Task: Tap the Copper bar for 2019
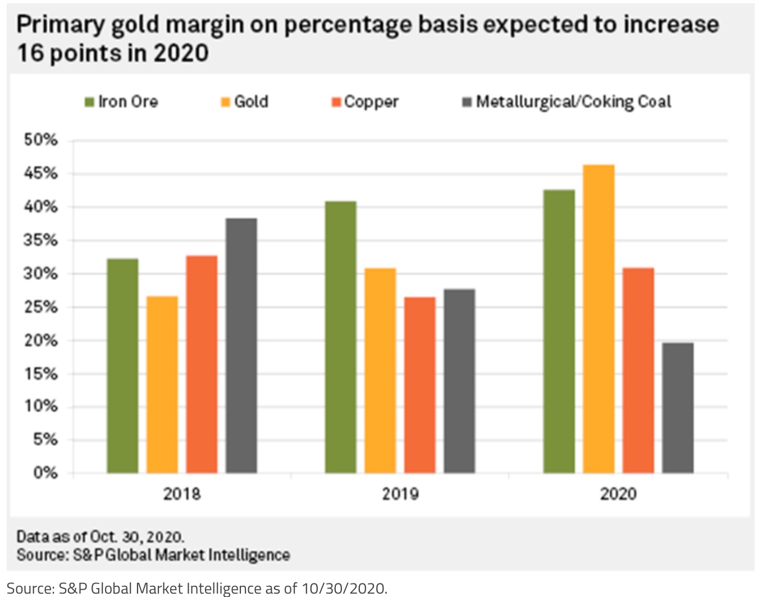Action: (x=419, y=385)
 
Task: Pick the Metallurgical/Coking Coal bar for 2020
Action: (x=678, y=408)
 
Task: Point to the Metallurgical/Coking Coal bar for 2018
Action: (x=241, y=346)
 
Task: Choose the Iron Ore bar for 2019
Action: (x=340, y=337)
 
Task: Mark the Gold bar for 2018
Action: (x=162, y=384)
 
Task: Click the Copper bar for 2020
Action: (x=638, y=370)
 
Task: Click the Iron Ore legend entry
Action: (x=122, y=102)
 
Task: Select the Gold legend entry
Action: (x=245, y=102)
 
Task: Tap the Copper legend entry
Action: (x=365, y=102)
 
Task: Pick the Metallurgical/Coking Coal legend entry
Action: (x=567, y=102)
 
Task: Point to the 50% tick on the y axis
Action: (x=40, y=140)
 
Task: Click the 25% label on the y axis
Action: (x=40, y=307)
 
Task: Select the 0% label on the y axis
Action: (x=45, y=473)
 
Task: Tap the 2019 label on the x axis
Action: (x=400, y=494)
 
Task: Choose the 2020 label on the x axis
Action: (x=618, y=494)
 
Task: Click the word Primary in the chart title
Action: (x=61, y=25)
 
